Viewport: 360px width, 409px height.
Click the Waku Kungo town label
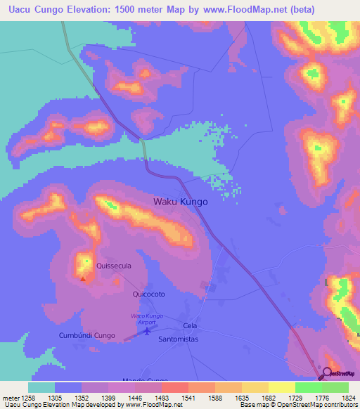[x=181, y=202]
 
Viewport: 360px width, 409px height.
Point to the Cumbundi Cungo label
[x=91, y=335]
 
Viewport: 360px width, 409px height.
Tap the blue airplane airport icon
[x=146, y=330]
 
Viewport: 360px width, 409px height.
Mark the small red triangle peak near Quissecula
[x=83, y=278]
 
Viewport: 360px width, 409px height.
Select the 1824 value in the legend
[x=340, y=397]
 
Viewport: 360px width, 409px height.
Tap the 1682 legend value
[x=259, y=397]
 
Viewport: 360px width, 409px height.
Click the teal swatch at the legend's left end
[x=41, y=387]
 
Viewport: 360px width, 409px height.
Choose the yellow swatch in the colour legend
[x=282, y=387]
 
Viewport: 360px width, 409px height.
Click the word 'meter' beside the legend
[x=11, y=397]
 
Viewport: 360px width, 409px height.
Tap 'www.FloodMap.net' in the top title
[x=237, y=10]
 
